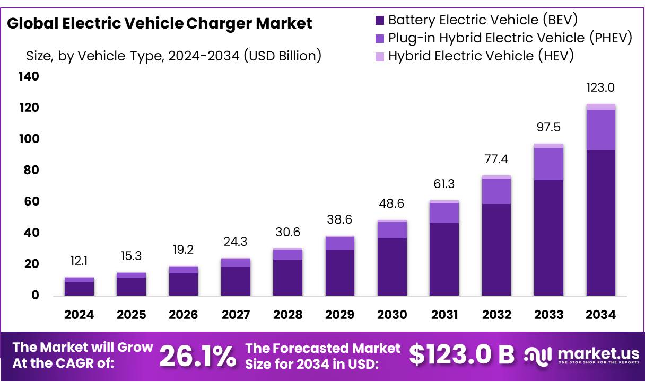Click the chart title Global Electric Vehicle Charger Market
pos(160,24)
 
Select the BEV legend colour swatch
pos(379,21)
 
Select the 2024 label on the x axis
pos(79,315)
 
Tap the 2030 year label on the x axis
pos(392,315)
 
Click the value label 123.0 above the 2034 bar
pos(600,88)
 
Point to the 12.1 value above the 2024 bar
pos(79,261)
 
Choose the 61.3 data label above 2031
pos(444,184)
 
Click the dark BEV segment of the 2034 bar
pos(600,223)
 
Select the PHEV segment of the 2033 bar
pos(548,164)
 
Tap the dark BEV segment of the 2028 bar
pos(287,277)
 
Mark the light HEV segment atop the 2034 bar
pos(600,106)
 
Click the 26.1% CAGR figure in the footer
pos(198,356)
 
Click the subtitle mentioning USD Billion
pos(174,56)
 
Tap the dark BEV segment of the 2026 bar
pos(184,284)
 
